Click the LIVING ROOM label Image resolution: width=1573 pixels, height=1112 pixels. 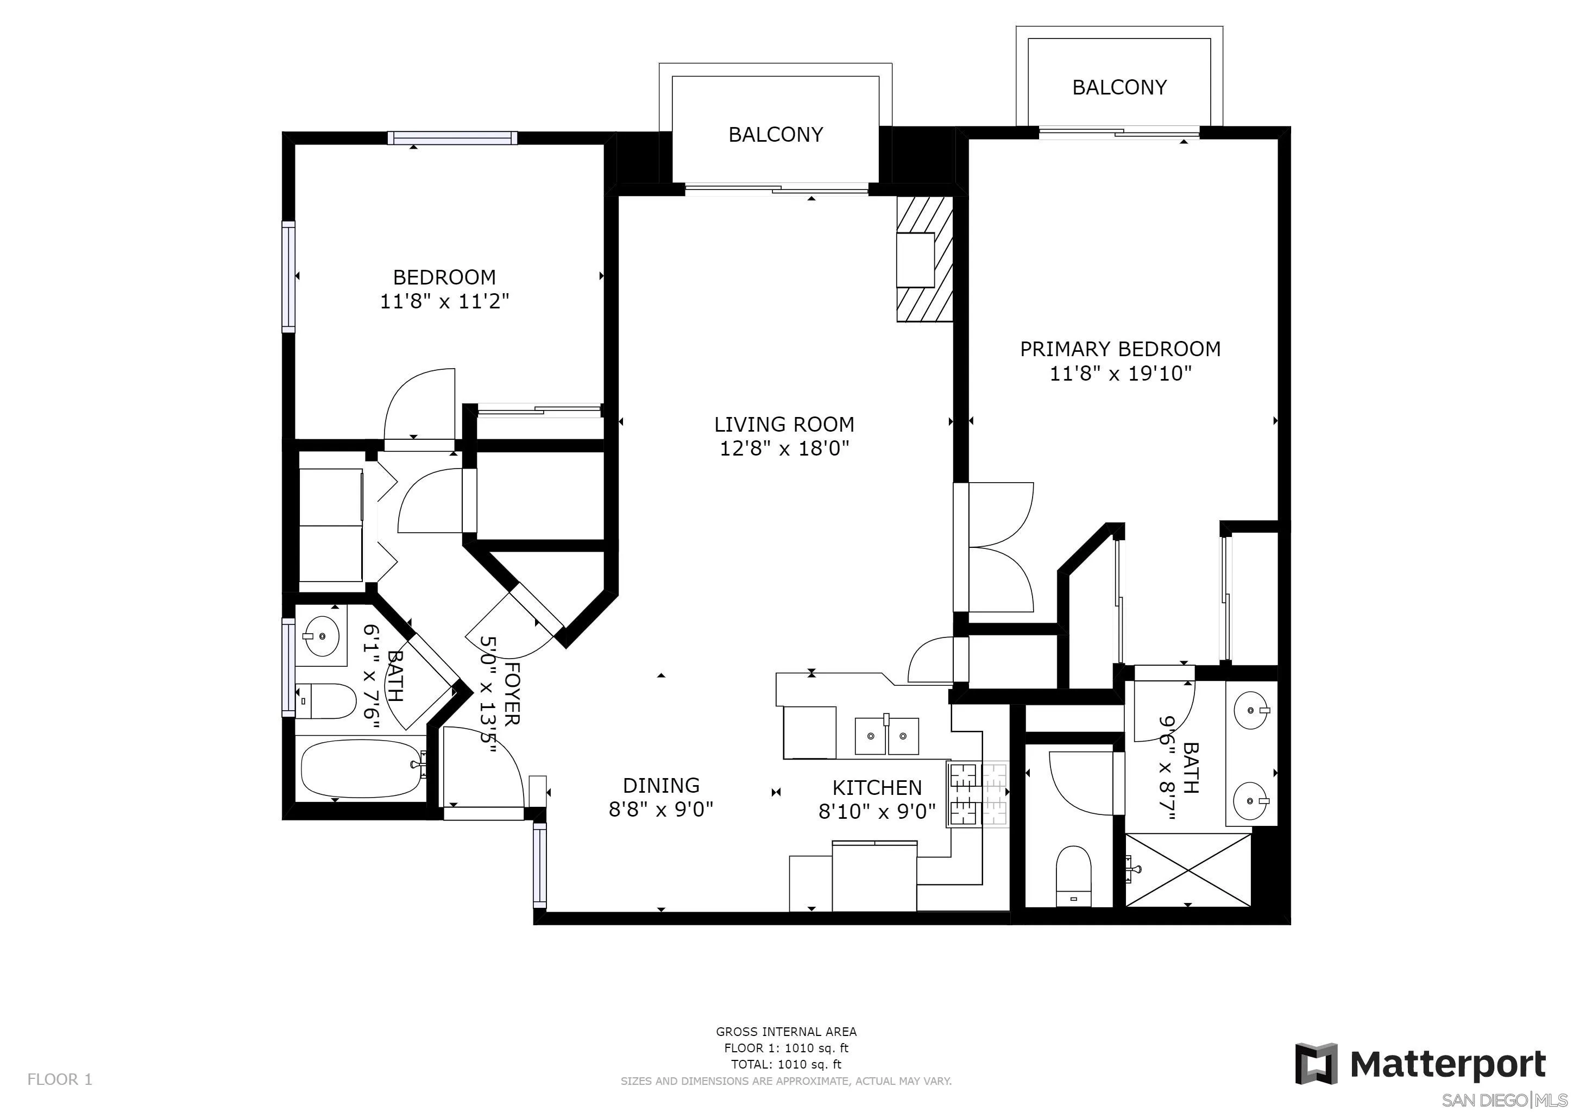point(784,425)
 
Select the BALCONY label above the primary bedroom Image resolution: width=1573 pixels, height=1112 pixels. point(1119,87)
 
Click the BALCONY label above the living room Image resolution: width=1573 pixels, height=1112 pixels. point(776,134)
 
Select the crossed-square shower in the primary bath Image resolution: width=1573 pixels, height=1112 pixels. point(1188,870)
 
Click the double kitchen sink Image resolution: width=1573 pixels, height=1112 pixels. point(887,736)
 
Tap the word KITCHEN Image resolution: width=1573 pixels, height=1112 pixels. point(877,787)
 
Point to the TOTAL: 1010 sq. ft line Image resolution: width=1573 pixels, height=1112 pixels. point(786,1064)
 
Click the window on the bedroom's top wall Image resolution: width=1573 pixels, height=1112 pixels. point(452,137)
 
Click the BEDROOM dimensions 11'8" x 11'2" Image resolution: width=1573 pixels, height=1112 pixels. point(445,301)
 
